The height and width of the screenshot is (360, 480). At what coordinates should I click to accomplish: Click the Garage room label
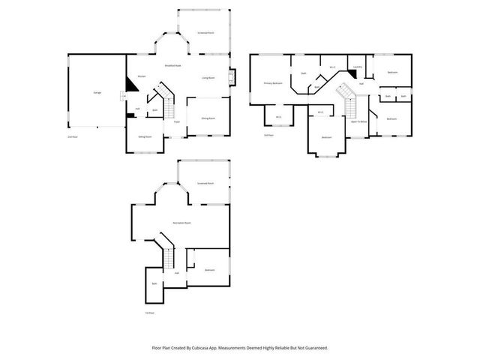97,92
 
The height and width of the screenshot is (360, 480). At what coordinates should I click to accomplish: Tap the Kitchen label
140,76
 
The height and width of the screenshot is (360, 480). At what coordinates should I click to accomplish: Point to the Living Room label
208,77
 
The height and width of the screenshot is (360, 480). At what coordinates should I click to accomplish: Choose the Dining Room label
208,118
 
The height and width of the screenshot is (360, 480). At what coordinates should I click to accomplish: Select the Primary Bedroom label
272,82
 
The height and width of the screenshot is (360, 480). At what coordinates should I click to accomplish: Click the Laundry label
358,67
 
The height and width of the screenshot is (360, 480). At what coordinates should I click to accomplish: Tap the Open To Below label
358,121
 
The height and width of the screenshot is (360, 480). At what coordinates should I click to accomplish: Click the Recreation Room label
180,223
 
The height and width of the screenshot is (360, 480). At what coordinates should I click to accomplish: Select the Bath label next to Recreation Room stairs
154,283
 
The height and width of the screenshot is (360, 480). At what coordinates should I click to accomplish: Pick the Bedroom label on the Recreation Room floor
210,270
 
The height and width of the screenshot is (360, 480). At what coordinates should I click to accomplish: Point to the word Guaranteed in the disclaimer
313,348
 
